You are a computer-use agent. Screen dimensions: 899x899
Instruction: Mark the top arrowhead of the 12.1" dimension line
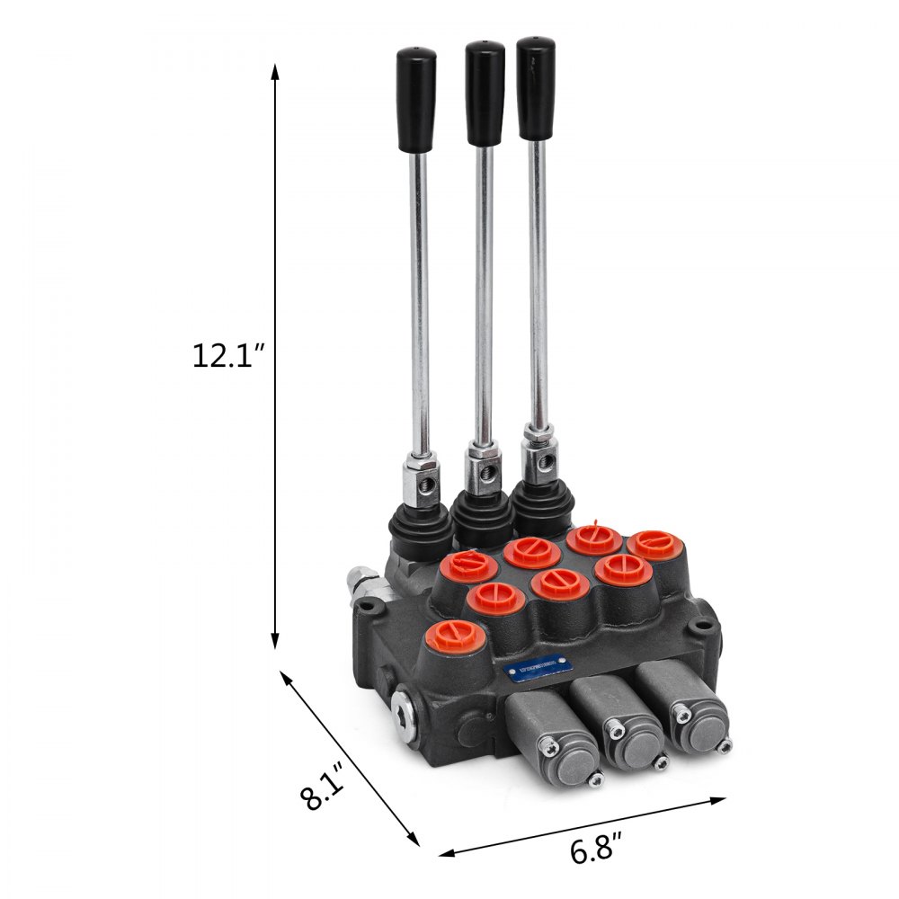coord(275,70)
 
